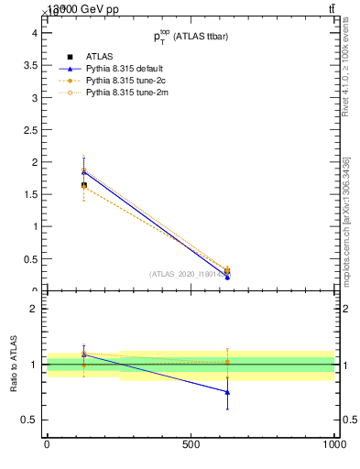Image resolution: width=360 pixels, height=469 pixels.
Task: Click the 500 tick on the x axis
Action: coord(191,444)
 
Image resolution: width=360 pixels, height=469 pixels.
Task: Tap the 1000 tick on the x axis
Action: coord(334,444)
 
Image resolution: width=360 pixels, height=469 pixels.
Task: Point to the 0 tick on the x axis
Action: coord(47,444)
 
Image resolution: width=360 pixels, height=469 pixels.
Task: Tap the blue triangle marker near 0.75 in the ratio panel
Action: coord(227,392)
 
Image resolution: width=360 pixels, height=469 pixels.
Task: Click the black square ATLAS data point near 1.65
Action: coord(84,185)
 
